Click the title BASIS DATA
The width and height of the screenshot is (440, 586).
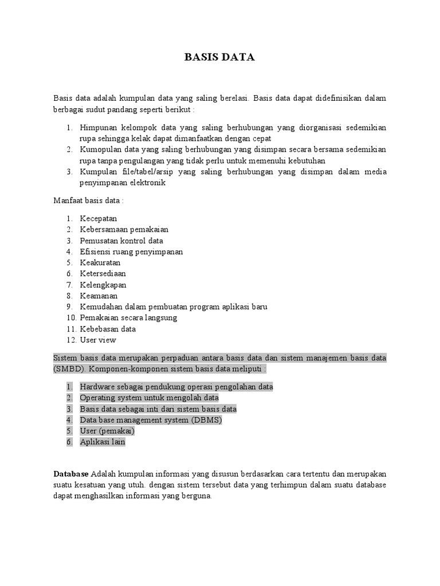[219, 57]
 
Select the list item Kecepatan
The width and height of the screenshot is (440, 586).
[98, 218]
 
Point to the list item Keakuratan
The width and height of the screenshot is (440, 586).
[100, 263]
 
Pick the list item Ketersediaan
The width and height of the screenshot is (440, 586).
[103, 274]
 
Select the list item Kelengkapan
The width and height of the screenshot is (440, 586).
[103, 284]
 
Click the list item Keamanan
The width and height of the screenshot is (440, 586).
[99, 296]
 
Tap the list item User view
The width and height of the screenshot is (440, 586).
[97, 340]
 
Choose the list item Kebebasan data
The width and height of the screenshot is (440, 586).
[108, 329]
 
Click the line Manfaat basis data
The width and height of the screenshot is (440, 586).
[88, 201]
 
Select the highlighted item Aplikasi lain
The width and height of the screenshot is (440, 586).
[102, 442]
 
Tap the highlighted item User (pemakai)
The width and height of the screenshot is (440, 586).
[107, 431]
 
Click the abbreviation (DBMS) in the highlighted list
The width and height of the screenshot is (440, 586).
[204, 419]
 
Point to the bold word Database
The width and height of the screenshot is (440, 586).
[71, 474]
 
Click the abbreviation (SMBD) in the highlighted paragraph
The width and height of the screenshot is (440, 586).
[70, 369]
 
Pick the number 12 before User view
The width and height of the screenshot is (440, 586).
[70, 340]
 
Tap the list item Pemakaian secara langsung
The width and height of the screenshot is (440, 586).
[128, 318]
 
